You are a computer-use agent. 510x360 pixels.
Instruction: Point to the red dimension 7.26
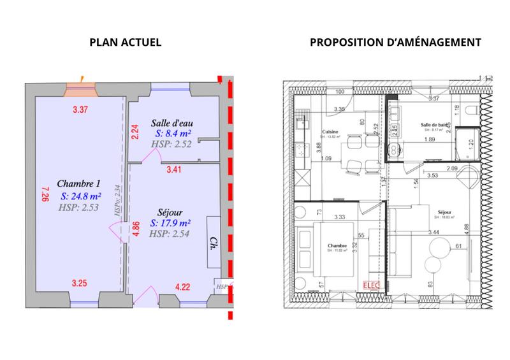44,193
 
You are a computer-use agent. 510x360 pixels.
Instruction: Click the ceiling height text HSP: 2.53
76,208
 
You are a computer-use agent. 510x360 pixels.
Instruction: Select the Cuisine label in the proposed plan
330,131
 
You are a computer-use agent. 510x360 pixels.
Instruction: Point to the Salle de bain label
435,124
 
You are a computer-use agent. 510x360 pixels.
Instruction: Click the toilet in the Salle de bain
470,112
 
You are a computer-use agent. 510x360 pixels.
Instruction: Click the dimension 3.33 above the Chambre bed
340,217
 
